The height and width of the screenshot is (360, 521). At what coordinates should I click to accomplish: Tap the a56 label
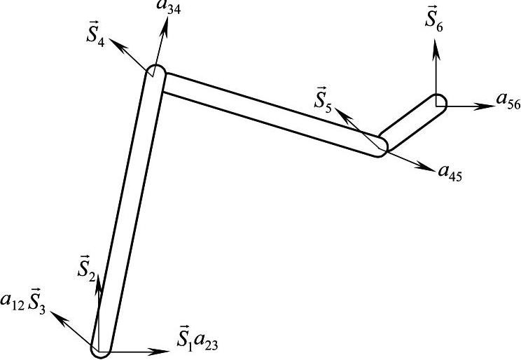coord(508,100)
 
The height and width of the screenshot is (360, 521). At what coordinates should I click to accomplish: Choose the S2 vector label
coord(87,265)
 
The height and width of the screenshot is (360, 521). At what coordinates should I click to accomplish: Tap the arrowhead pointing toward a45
coord(426,166)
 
